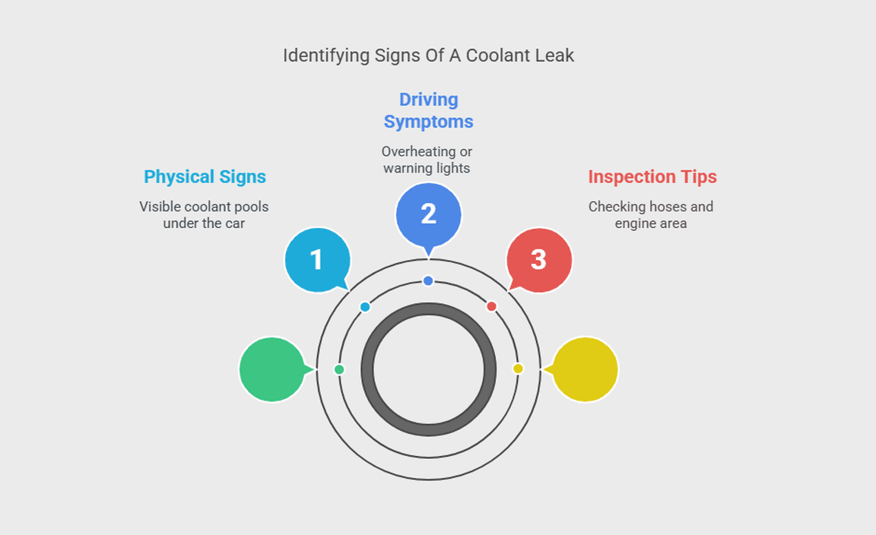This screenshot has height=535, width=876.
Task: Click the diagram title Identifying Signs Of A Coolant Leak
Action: tap(428, 55)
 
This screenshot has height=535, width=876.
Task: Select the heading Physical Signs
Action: tap(205, 177)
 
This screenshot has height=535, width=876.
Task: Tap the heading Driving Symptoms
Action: tap(428, 110)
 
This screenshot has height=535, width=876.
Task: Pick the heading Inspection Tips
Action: tap(652, 177)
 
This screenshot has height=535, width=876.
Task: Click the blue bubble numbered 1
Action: tap(317, 260)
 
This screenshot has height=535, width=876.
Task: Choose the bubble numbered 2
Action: tap(428, 214)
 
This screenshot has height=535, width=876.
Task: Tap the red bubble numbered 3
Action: tap(538, 260)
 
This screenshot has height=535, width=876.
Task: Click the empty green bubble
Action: tap(271, 369)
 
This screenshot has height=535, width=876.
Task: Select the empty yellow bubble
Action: tap(585, 369)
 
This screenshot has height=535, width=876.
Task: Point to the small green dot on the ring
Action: tap(339, 369)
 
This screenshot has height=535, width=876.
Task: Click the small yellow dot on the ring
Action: tap(518, 369)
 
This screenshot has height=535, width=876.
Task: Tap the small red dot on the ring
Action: tap(491, 306)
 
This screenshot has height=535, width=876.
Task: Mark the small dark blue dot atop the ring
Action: tap(428, 281)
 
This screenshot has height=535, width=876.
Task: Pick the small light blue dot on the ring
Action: tap(365, 307)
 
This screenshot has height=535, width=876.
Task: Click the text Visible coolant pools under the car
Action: tap(204, 215)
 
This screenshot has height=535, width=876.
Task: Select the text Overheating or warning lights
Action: tap(427, 160)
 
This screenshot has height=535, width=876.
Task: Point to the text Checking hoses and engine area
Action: tap(651, 215)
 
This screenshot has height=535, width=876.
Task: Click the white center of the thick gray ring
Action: tap(428, 370)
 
